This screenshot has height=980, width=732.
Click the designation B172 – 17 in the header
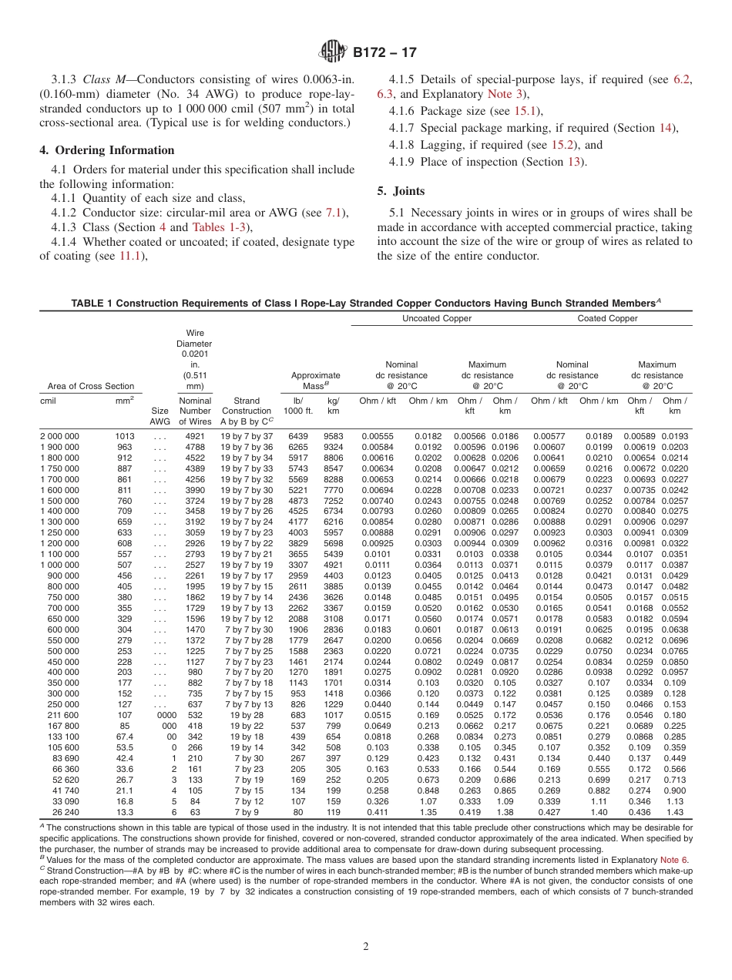coord(384,53)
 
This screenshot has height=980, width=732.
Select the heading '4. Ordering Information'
coord(107,150)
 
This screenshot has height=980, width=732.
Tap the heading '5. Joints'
coord(401,190)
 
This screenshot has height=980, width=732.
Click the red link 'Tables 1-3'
coord(220,227)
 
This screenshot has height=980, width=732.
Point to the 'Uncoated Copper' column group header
coord(437,318)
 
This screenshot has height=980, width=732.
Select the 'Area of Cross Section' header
coord(87,386)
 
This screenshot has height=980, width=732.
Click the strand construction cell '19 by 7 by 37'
coord(247,437)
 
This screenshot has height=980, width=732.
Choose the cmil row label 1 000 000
coord(59,565)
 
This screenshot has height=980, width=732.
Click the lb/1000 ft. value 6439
coord(297,437)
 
